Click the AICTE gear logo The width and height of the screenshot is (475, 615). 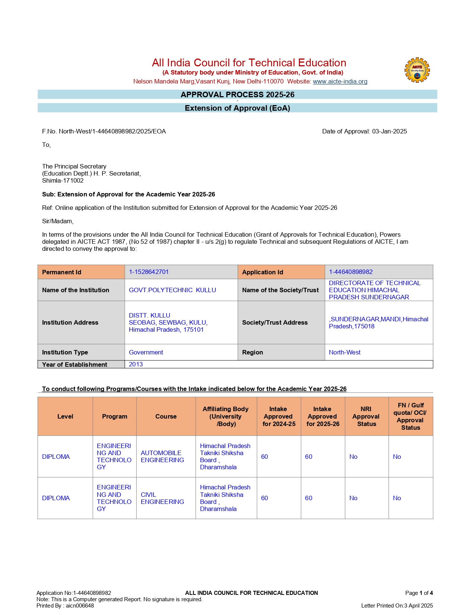coord(417,70)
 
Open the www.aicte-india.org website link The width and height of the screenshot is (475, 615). coord(340,81)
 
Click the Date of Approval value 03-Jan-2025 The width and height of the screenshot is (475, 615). coord(389,131)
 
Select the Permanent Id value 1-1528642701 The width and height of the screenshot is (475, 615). coord(149,272)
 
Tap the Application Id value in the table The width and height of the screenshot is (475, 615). coord(351,272)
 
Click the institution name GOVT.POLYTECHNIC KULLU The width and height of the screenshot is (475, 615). coord(172,290)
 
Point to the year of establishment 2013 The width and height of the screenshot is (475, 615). coord(136,364)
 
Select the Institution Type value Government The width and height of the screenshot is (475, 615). coord(146,352)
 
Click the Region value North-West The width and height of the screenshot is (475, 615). coord(345,352)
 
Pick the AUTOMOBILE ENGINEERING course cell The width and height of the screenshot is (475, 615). coord(162,456)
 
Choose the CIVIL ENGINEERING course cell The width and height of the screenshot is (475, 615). coord(162,498)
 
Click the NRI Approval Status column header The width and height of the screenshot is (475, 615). coord(366,416)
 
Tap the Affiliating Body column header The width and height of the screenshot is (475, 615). coord(226,416)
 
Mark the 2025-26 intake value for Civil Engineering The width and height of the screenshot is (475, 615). coord(308,498)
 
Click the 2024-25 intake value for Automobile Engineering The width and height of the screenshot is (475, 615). coord(265,457)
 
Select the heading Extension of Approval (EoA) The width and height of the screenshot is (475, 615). coord(237,108)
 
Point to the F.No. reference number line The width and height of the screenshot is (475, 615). coord(104,131)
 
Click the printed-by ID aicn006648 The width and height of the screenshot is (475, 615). coord(80,605)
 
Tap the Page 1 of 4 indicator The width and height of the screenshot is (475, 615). coord(419,593)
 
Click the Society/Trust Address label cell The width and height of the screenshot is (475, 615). coord(275,322)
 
